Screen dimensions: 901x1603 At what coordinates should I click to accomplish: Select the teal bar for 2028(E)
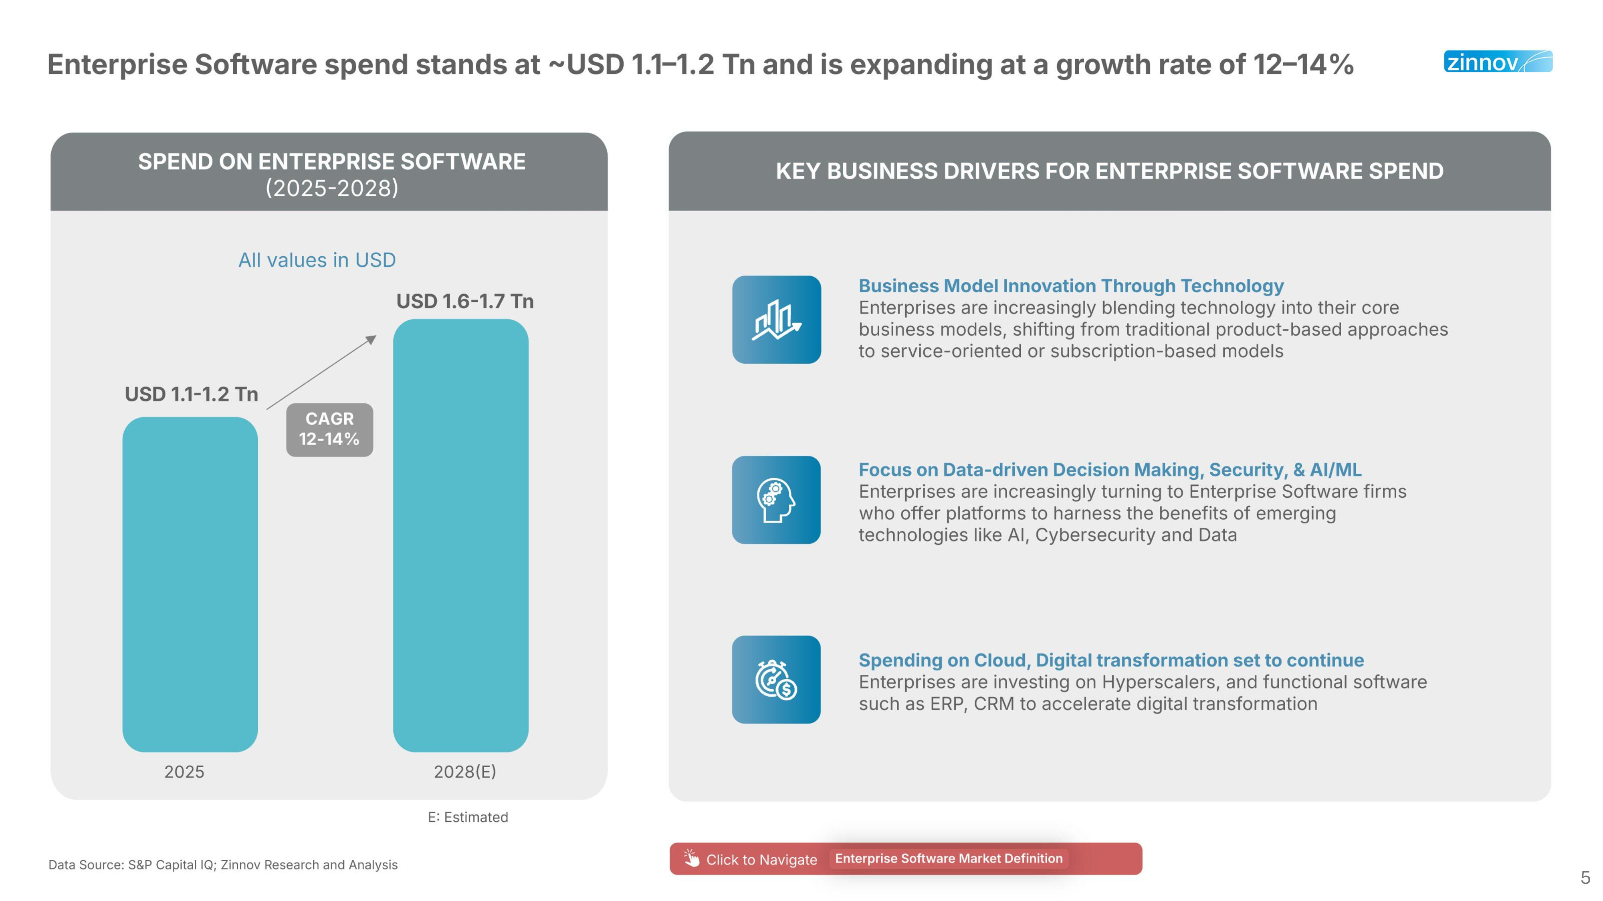[x=460, y=535]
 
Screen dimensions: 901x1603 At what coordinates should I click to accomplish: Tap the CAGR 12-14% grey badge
[x=329, y=429]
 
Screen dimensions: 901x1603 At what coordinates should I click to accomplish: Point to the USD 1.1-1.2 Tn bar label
[x=191, y=394]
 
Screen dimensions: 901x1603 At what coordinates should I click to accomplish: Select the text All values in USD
[x=317, y=260]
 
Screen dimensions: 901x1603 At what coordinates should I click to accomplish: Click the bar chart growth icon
[x=776, y=320]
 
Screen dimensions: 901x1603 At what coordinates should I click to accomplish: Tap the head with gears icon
[x=776, y=500]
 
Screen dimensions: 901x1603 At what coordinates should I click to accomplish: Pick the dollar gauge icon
[x=776, y=679]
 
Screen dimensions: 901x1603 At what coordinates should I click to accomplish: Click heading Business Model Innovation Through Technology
[x=1070, y=286]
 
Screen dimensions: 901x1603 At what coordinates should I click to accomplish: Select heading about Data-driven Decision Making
[x=1110, y=469]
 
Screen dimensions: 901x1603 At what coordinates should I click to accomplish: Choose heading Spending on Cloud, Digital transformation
[x=1111, y=660]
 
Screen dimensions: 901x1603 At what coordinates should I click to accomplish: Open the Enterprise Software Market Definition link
[x=948, y=858]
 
